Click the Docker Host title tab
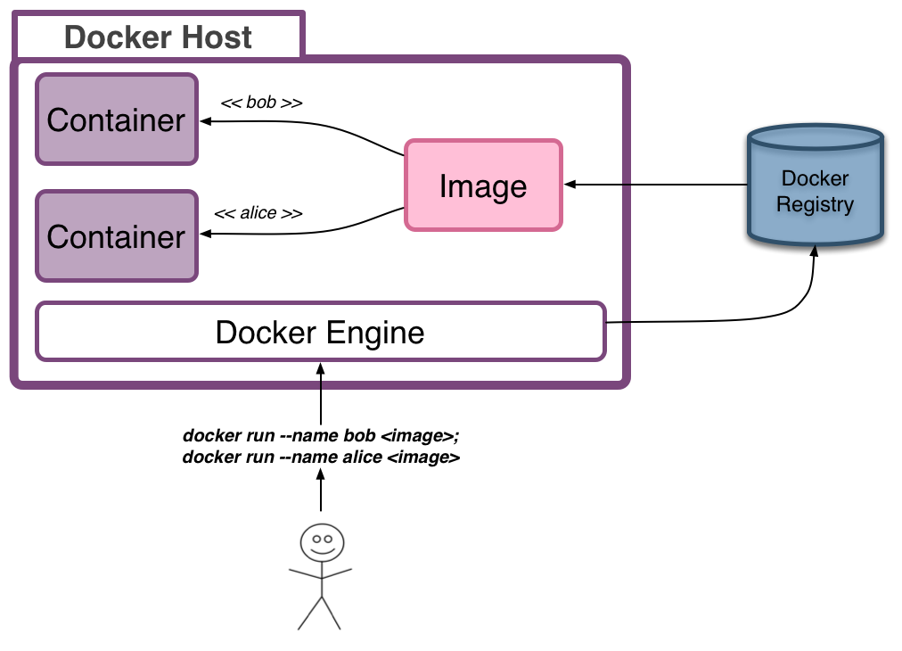(x=158, y=37)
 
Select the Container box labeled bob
(x=116, y=119)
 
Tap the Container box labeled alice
(x=116, y=235)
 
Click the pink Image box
(x=483, y=185)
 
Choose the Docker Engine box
(x=320, y=332)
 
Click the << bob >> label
(x=261, y=103)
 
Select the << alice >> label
(x=258, y=214)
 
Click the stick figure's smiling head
(x=321, y=540)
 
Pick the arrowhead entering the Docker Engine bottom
(x=320, y=367)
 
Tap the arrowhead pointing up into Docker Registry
(x=814, y=253)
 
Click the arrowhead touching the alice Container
(x=204, y=235)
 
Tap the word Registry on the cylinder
(x=815, y=204)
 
